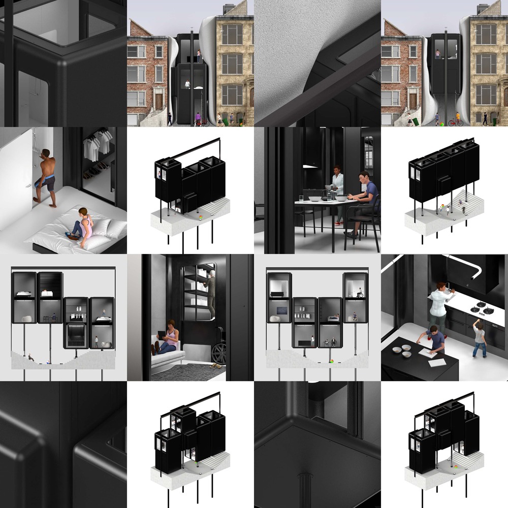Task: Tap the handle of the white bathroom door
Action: (x=34, y=200)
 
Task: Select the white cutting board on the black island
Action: (x=436, y=362)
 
